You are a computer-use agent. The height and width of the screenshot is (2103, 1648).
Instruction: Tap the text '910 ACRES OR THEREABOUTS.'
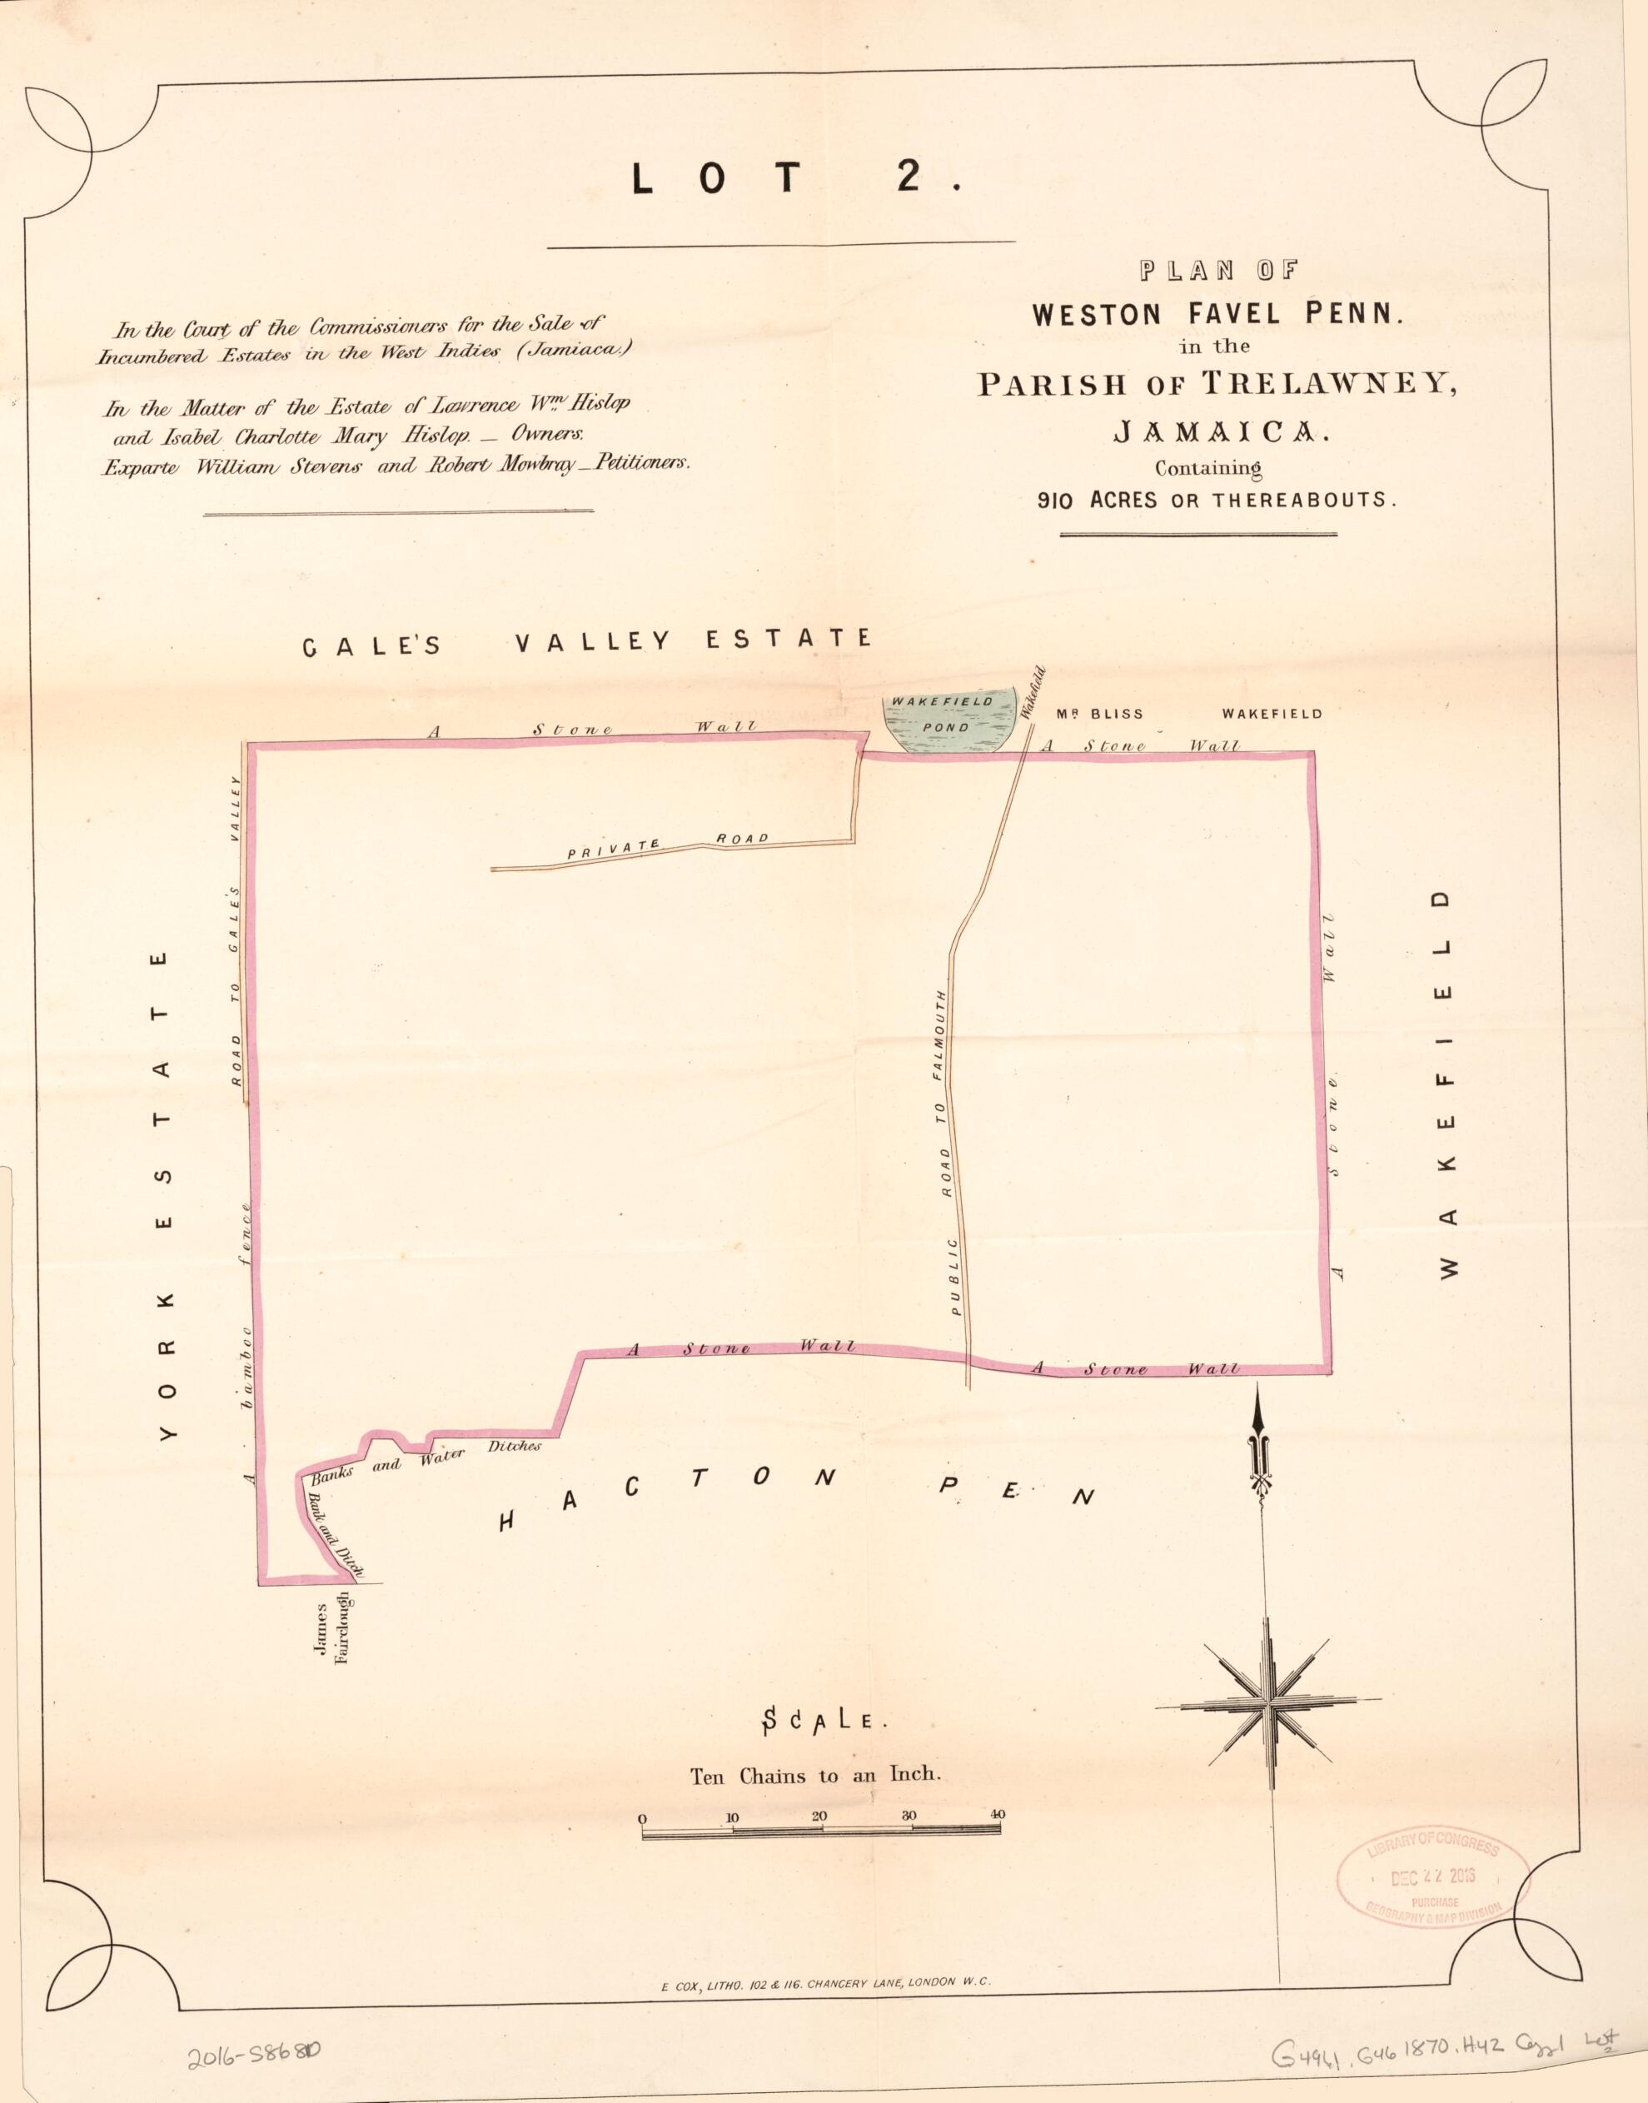1216,500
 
